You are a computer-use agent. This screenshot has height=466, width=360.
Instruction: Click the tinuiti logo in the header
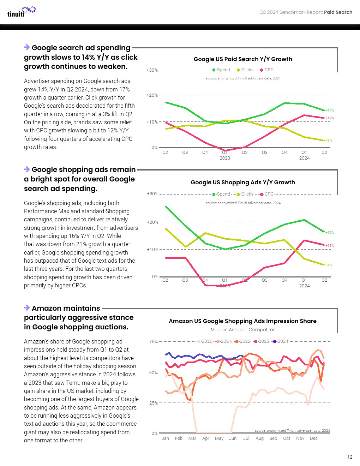[21, 12]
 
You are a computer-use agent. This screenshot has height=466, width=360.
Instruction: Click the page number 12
[350, 457]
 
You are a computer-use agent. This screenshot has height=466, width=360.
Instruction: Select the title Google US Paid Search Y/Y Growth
[243, 59]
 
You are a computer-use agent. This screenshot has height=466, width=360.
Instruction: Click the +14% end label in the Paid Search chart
[330, 110]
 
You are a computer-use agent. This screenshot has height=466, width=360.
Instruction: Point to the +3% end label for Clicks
[329, 141]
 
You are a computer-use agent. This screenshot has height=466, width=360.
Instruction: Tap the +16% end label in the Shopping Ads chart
[330, 233]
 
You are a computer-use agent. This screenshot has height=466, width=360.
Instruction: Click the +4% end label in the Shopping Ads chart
[329, 265]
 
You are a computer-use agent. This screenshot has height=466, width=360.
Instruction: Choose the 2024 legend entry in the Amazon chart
[281, 341]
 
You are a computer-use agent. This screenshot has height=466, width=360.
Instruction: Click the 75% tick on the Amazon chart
[154, 342]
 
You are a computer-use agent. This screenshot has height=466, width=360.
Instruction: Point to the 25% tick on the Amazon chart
[154, 403]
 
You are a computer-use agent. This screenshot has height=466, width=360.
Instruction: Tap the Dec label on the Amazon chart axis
[314, 438]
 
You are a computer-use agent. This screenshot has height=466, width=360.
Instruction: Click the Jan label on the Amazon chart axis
[165, 438]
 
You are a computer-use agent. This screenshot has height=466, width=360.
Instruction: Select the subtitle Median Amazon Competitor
[242, 330]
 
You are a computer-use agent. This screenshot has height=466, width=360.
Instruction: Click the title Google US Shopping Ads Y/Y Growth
[243, 183]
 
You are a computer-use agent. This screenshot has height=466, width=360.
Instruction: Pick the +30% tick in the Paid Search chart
[152, 70]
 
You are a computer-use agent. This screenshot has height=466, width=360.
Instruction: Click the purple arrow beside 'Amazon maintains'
[27, 308]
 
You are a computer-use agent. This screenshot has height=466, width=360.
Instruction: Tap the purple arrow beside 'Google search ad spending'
[27, 47]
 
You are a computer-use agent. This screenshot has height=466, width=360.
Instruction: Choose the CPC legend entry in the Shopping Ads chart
[267, 194]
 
